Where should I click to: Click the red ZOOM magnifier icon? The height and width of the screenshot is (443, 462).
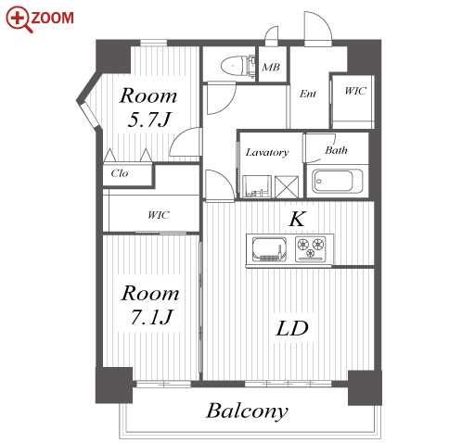(19, 19)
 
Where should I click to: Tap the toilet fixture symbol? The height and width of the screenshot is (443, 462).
(238, 65)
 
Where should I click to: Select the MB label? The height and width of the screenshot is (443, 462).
(271, 67)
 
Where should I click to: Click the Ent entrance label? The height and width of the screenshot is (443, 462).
(308, 94)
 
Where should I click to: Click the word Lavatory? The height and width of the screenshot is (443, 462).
(267, 152)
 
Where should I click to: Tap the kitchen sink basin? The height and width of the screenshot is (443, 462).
(269, 248)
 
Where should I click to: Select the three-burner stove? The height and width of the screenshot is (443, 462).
(311, 248)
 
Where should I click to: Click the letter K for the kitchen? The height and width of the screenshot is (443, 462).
(298, 219)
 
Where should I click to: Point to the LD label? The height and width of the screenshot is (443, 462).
(292, 328)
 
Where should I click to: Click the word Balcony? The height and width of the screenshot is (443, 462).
(247, 411)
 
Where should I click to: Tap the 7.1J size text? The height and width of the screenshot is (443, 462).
(151, 317)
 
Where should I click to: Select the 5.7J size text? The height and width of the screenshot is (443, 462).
(149, 120)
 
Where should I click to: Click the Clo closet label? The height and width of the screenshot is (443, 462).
(120, 173)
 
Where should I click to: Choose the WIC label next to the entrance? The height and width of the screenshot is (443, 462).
(355, 91)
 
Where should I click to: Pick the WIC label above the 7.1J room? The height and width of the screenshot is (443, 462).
(159, 215)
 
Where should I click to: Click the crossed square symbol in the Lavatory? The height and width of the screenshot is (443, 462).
(287, 187)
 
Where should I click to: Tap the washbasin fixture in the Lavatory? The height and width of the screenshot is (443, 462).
(257, 186)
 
